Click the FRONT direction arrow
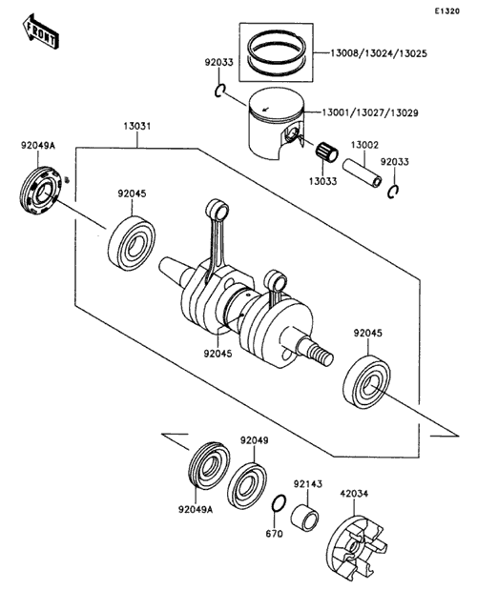pos(39,31)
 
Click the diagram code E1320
pos(446,11)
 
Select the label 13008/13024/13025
pos(379,53)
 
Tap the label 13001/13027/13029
pos(370,112)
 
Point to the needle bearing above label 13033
pos(326,152)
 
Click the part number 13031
pos(137,126)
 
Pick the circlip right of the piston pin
pos(393,192)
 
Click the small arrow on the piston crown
pos(266,109)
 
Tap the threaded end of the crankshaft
pos(320,355)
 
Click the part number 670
pos(274,534)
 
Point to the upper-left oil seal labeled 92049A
pos(40,191)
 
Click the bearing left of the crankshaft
pos(132,243)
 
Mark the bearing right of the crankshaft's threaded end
pos(366,382)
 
